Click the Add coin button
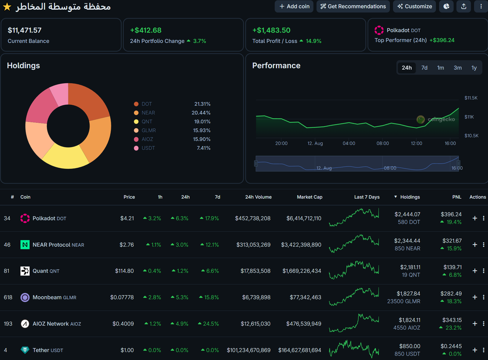(x=294, y=7)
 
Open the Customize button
(x=414, y=7)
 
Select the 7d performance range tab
(x=424, y=68)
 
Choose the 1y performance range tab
(x=474, y=68)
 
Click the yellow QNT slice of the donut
(x=65, y=158)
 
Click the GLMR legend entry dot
(x=136, y=130)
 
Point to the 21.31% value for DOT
(x=202, y=104)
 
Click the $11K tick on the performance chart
(x=469, y=117)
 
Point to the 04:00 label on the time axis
(x=349, y=143)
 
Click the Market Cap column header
(x=309, y=197)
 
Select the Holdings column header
(x=410, y=197)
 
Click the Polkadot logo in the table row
(x=25, y=218)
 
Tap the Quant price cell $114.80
(x=124, y=271)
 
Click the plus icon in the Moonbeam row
(x=475, y=297)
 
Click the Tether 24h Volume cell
(x=248, y=350)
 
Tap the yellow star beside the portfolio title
(x=7, y=7)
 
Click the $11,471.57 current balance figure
(x=24, y=30)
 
